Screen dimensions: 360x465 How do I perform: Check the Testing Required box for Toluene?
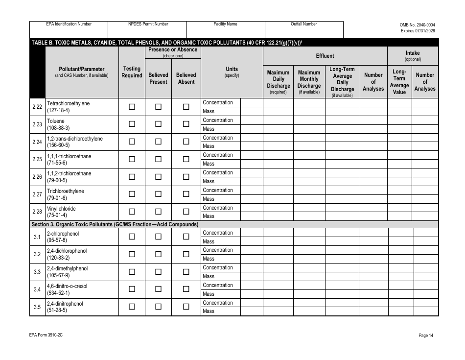pyautogui.click(x=132, y=124)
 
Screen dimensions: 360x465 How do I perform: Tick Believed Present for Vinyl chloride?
pyautogui.click(x=158, y=212)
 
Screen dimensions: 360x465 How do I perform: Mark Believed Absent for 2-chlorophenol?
pyautogui.click(x=186, y=237)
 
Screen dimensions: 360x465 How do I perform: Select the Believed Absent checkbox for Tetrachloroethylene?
pyautogui.click(x=186, y=107)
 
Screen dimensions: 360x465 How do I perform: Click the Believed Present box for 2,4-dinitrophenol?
pyautogui.click(x=158, y=307)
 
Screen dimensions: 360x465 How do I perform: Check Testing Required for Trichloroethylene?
pyautogui.click(x=132, y=194)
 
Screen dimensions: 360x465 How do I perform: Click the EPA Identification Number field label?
pyautogui.click(x=69, y=24)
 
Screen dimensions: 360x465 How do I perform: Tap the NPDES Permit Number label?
pyautogui.click(x=148, y=24)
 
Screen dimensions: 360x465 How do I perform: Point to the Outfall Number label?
pyautogui.click(x=303, y=24)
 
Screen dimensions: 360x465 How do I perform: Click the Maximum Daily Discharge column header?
pyautogui.click(x=278, y=82)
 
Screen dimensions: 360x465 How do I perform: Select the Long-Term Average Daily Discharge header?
pyautogui.click(x=342, y=82)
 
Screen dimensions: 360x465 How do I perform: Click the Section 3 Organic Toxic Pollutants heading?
pyautogui.click(x=115, y=224)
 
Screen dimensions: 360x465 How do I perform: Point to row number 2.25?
pyautogui.click(x=37, y=159)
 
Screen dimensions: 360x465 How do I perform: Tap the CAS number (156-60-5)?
pyautogui.click(x=58, y=145)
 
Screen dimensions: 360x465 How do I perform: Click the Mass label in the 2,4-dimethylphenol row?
pyautogui.click(x=209, y=276)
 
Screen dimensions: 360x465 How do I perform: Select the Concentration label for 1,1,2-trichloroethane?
pyautogui.click(x=218, y=172)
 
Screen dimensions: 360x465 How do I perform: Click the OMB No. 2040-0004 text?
pyautogui.click(x=417, y=24)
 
